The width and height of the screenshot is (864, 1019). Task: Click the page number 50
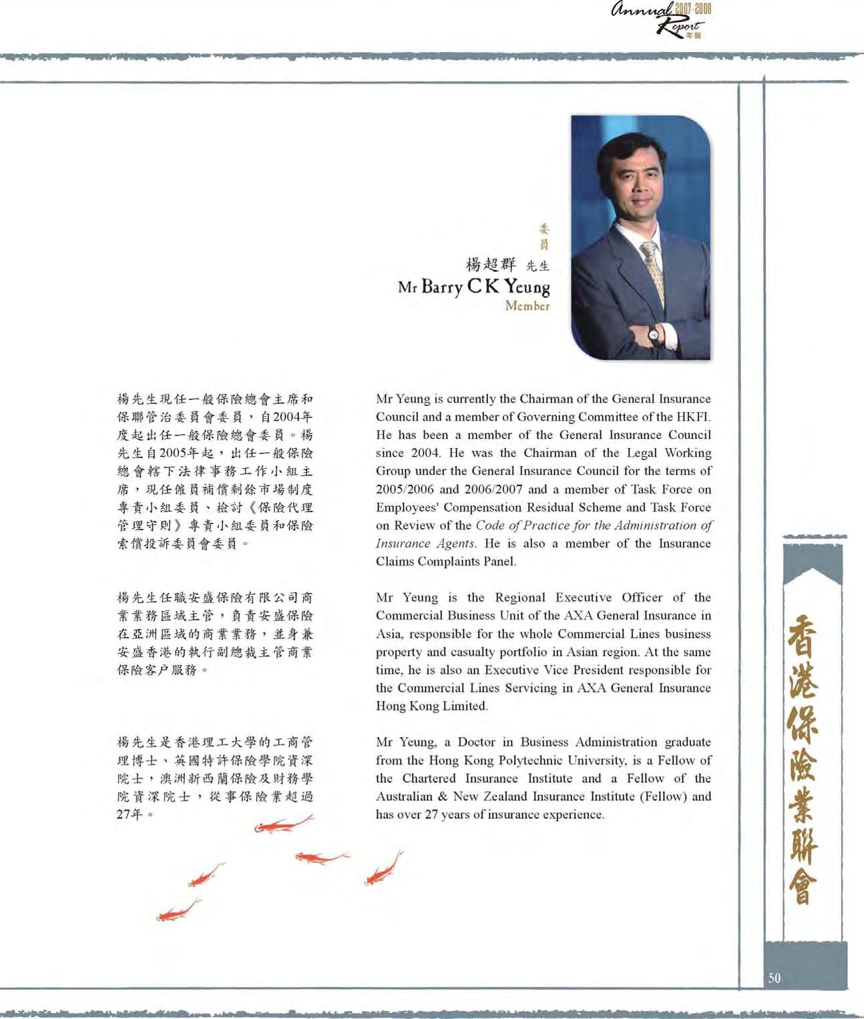coord(774,978)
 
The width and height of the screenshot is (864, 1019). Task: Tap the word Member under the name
coord(527,306)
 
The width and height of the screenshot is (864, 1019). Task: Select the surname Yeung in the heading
coord(527,287)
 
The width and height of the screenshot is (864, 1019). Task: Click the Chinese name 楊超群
coord(491,264)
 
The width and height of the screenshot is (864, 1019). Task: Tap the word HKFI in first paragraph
coord(694,417)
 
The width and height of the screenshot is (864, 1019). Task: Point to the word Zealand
coord(502,796)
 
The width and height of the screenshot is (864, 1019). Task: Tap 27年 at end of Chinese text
coord(131,814)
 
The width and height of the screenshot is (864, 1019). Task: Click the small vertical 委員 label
coord(544,236)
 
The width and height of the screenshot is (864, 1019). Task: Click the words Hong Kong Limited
coord(431,706)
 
